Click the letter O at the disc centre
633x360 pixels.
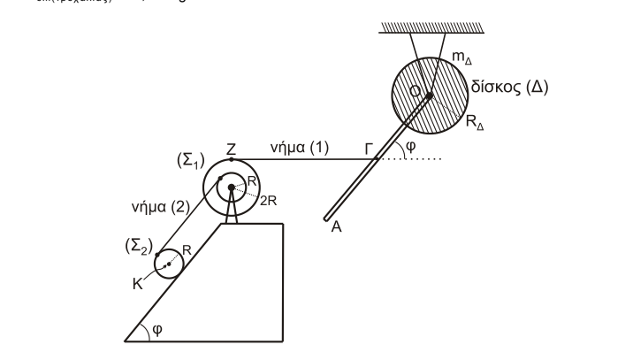416,90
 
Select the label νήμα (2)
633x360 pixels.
156,208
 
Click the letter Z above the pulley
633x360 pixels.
231,149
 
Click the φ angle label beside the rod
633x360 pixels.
408,147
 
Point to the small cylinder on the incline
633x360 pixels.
167,264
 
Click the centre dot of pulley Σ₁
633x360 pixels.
232,187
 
